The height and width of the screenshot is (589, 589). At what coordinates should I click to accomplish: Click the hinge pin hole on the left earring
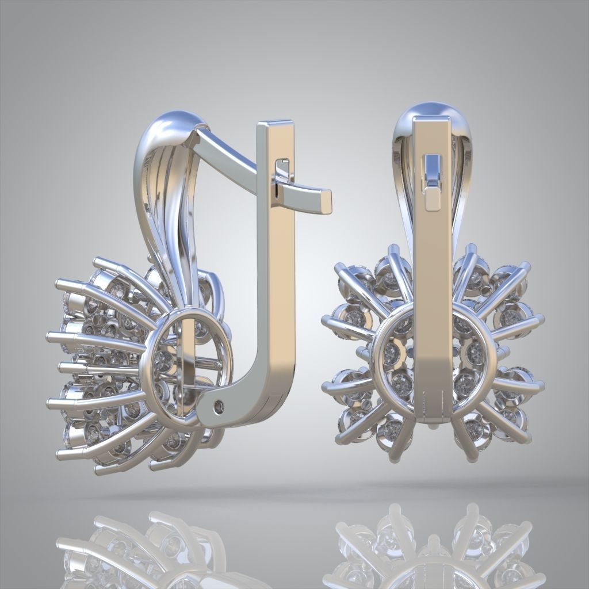(219, 407)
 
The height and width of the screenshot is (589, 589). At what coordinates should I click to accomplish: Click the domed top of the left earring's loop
(175, 121)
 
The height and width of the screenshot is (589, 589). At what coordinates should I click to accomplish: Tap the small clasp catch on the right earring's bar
(431, 178)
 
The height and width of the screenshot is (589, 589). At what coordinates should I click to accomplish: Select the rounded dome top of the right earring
(431, 109)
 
